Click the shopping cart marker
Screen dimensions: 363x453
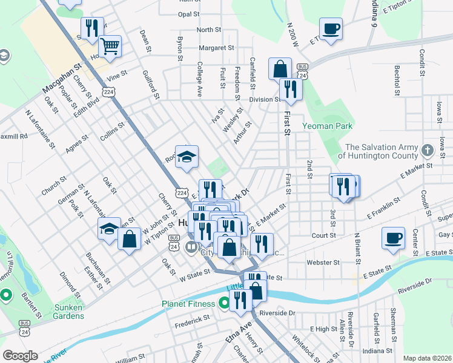point(110,46)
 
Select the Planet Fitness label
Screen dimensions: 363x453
point(188,304)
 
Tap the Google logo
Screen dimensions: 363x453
point(21,355)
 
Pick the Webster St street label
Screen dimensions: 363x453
point(323,263)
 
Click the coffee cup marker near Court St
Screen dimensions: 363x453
point(393,238)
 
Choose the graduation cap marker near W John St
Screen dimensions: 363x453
point(109,229)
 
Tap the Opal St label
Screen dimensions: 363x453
point(189,14)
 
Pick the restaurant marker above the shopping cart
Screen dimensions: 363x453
point(92,27)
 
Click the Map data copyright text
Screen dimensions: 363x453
point(428,358)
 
